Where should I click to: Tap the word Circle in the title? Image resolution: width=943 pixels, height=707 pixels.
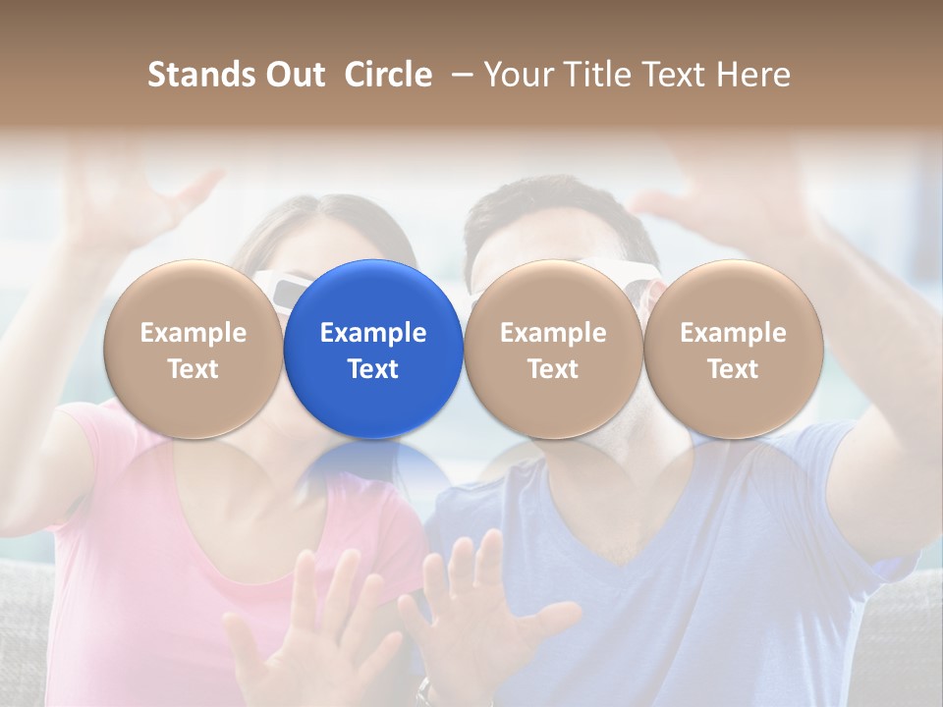click(388, 75)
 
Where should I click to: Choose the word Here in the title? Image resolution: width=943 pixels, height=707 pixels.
click(754, 75)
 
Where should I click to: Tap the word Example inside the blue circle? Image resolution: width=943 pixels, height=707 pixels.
click(373, 333)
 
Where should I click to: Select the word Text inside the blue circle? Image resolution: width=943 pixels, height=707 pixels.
click(373, 369)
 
